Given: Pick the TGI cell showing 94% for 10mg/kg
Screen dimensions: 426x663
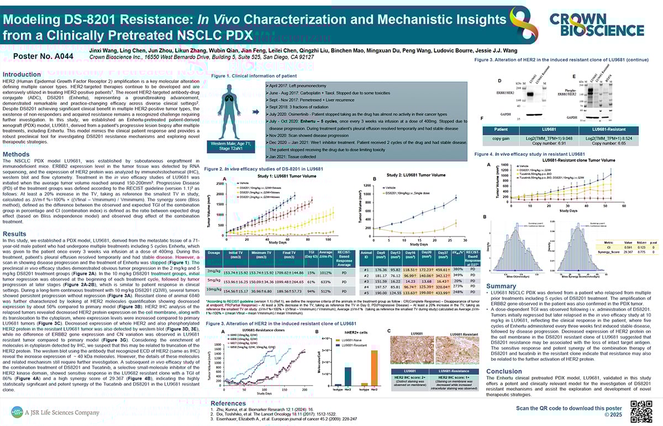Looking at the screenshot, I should pos(311,291).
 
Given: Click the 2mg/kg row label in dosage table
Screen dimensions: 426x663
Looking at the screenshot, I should pos(214,272).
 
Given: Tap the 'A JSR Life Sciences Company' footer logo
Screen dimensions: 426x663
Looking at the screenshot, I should pos(55,412).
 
